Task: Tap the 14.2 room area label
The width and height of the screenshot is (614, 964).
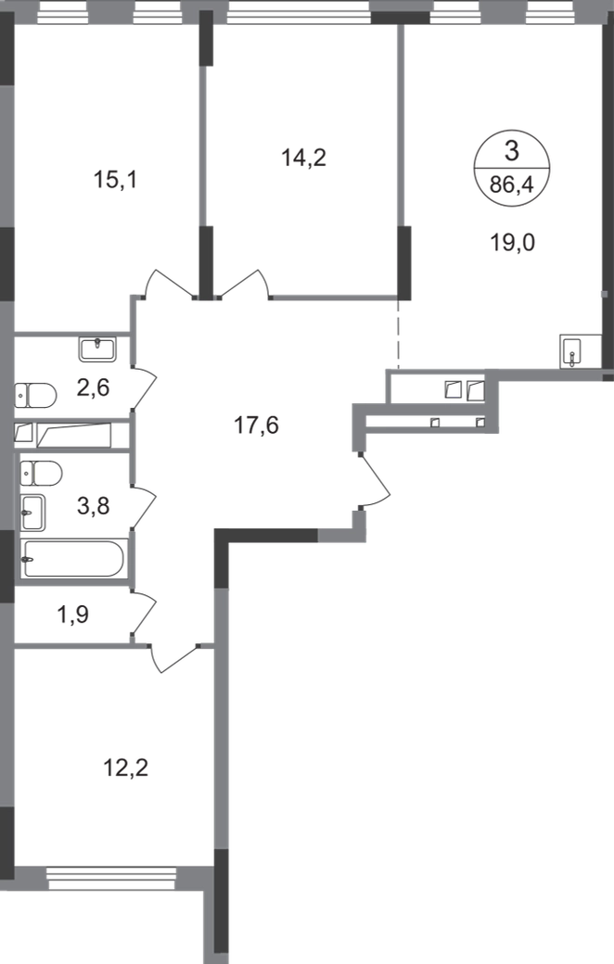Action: pos(303,159)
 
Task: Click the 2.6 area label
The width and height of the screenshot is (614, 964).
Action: pos(93,387)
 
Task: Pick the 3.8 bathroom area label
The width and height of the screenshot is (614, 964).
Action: pos(93,506)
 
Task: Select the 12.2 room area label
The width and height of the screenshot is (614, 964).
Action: pos(123,767)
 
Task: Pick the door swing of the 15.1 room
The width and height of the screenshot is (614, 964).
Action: pos(169,284)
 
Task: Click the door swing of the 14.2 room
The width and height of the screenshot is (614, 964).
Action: pos(244,282)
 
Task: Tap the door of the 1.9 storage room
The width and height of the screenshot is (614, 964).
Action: pos(147,614)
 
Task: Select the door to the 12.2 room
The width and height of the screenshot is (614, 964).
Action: pos(178,655)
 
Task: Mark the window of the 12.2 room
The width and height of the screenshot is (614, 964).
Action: pos(110,872)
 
